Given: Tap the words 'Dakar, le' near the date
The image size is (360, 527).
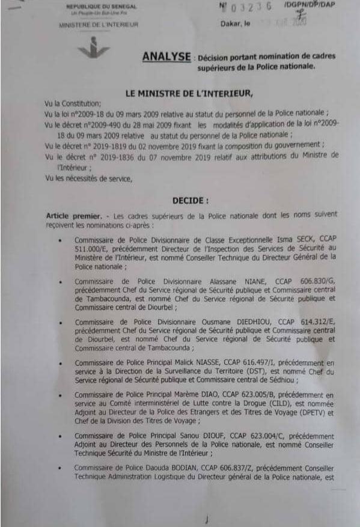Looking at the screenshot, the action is click(237, 23).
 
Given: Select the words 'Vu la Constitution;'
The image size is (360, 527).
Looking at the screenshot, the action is click(69, 103).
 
